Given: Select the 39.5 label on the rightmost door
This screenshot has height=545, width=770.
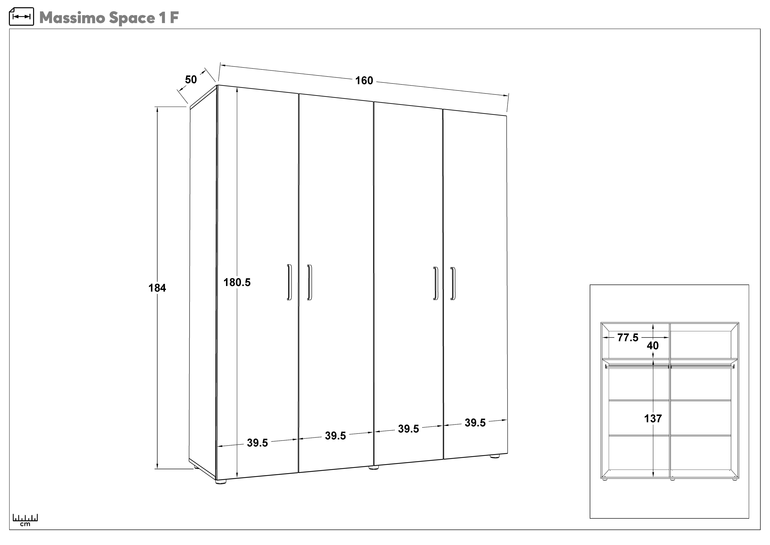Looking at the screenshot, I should tap(475, 423).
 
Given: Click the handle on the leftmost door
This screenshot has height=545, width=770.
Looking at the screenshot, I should tap(289, 282).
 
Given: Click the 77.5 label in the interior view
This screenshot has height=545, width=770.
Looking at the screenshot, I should tap(628, 338).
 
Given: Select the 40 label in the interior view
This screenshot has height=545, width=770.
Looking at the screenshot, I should tap(653, 346).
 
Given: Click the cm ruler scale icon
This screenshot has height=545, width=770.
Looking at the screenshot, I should tap(25, 520).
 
